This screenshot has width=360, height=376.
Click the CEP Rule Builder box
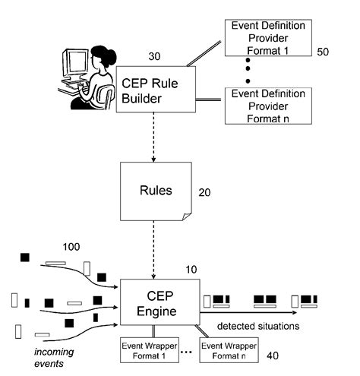156,90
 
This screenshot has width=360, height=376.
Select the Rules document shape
156,191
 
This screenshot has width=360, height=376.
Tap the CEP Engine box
159,302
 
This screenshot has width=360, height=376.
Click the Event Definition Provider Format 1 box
268,38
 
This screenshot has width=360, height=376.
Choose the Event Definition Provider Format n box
268,106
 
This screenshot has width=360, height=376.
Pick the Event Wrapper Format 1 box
150,350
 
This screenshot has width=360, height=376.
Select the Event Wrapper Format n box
229,350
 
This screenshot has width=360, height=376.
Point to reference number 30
154,56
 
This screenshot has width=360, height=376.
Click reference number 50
323,52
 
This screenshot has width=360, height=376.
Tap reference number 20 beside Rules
204,192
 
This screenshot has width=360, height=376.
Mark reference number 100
71,247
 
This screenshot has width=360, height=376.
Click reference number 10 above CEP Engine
191,270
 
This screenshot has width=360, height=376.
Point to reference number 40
273,355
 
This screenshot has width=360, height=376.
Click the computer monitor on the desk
75,63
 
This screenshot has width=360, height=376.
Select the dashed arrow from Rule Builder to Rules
153,137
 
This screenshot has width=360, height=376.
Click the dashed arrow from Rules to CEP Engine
153,250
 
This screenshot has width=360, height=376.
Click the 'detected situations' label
258,326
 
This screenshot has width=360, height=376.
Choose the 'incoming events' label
54,358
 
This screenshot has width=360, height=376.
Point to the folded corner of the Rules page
187,216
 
